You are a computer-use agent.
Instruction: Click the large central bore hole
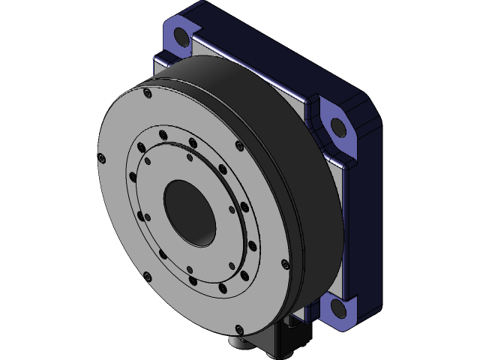click(190, 211)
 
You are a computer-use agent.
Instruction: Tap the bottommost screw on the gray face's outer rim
click(239, 328)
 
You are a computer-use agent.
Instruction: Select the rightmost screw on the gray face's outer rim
click(283, 263)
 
